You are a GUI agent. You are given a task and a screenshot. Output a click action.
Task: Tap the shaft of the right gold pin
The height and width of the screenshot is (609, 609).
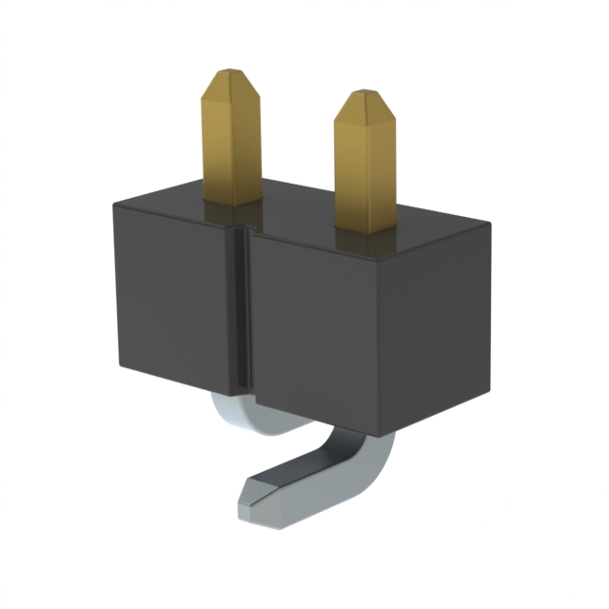tap(364, 171)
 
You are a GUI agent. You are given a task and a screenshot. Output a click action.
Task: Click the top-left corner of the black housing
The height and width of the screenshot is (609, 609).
tap(114, 202)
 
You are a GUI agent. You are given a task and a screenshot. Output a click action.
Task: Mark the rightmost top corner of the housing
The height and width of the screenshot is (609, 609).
tap(489, 225)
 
